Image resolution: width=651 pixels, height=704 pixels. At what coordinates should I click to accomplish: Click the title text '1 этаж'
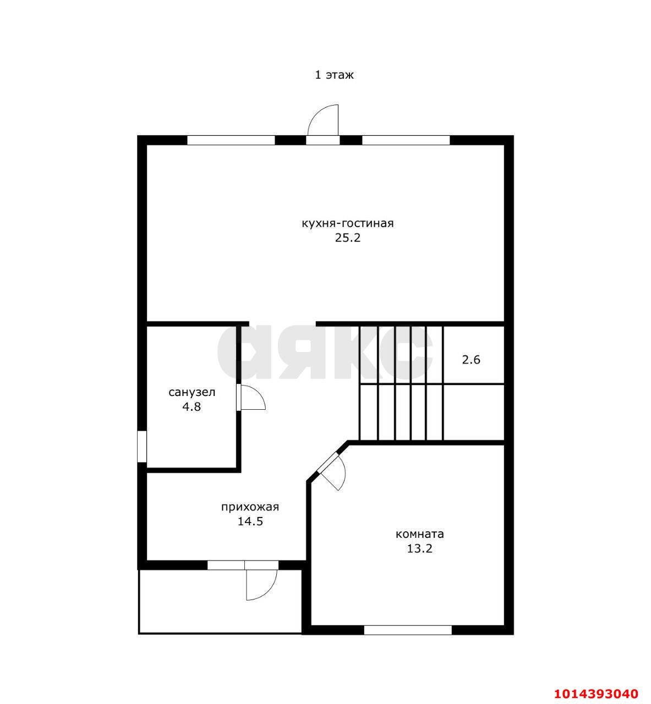pos(334,75)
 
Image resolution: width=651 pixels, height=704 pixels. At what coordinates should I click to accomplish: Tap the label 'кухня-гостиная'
pos(348,223)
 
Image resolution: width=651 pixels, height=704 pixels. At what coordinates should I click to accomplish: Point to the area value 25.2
pos(348,238)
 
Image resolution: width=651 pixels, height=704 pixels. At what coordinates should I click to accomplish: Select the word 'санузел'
pos(192,392)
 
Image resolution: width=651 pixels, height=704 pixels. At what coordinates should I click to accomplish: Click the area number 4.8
pos(192,406)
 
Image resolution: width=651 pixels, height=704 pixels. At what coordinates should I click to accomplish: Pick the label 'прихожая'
pos(250,507)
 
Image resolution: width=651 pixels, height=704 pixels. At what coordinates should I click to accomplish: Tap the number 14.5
pos(250,521)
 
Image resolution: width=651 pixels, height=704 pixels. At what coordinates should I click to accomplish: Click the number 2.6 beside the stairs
pos(471,360)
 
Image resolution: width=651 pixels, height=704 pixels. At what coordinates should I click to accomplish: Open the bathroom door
pos(250,397)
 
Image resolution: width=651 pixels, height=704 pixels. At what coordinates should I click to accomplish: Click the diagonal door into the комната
pos(332,471)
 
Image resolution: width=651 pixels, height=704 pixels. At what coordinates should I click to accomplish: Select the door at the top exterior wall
pos(323,124)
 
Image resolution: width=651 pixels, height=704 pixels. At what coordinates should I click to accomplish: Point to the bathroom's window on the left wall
pos(142,447)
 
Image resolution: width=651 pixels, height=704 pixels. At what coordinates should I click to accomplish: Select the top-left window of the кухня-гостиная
pos(231,140)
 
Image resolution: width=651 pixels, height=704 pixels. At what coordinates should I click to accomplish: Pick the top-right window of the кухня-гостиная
pos(406,140)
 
